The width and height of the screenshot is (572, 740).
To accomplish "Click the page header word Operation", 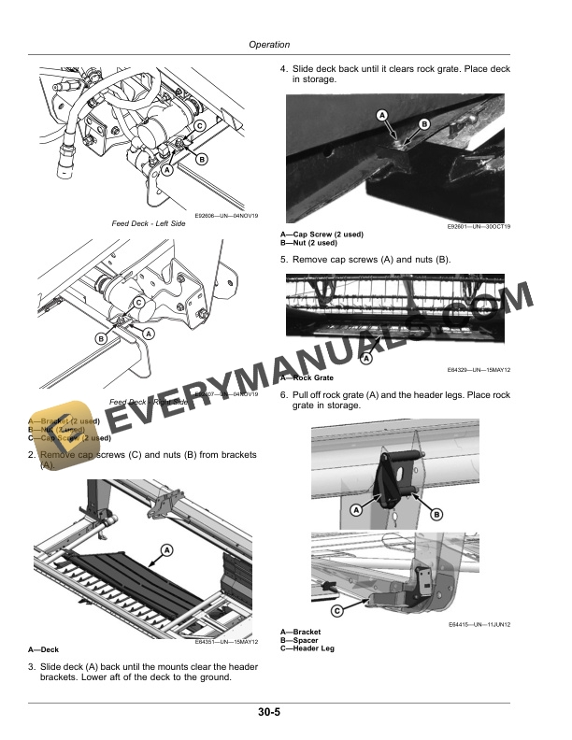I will click(x=269, y=44).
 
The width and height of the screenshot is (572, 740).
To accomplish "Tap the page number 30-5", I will click(x=270, y=713).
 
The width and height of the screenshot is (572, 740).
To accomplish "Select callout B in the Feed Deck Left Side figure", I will click(x=201, y=160).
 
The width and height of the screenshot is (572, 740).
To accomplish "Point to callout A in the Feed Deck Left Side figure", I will click(x=165, y=171).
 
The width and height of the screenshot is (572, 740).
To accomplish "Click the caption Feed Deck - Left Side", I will click(x=150, y=223).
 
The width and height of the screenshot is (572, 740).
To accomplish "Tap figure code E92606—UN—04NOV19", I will click(x=226, y=216).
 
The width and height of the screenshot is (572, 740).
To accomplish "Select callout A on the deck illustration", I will click(x=166, y=550).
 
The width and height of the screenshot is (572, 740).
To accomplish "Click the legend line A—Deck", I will click(x=46, y=649).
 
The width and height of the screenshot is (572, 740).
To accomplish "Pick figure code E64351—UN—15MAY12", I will click(x=226, y=642).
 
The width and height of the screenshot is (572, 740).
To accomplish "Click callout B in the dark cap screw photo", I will click(x=423, y=124).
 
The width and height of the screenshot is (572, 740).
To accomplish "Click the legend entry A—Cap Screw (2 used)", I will click(x=322, y=234).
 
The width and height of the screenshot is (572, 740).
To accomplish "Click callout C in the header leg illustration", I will click(x=336, y=611).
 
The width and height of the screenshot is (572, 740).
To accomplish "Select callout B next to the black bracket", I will click(x=436, y=515).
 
